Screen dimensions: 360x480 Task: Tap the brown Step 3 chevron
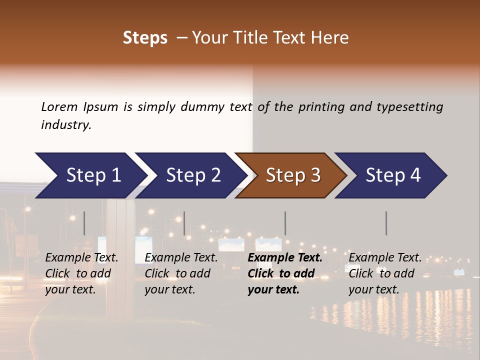[292, 175]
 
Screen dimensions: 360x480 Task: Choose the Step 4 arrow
[392, 175]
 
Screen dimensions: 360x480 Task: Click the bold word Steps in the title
[145, 38]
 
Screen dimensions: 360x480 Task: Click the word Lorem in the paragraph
[59, 106]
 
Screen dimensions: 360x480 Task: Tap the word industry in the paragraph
[66, 124]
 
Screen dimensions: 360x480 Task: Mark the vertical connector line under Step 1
[84, 223]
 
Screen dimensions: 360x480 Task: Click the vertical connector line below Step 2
[184, 223]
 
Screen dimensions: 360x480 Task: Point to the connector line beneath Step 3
[285, 223]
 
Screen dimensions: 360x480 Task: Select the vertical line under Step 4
[386, 223]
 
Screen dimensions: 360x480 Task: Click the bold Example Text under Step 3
[285, 258]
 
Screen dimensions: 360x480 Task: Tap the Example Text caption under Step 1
[81, 258]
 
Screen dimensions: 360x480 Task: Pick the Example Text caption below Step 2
[181, 258]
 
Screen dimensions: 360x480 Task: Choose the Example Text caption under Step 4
[385, 258]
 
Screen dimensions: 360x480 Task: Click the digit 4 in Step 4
[415, 175]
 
